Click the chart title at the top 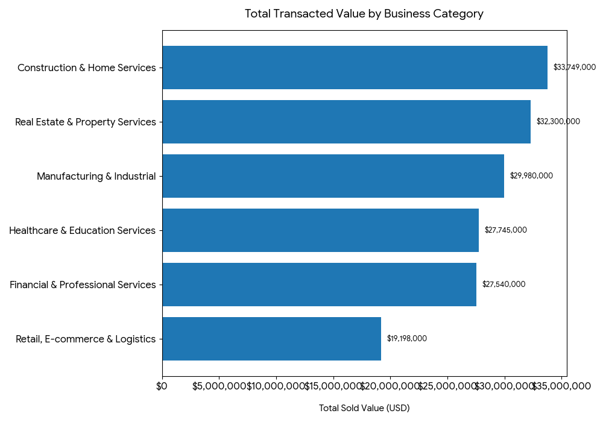pyautogui.click(x=364, y=14)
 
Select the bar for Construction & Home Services pyautogui.click(x=355, y=68)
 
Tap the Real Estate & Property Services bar pyautogui.click(x=346, y=122)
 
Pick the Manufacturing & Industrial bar pyautogui.click(x=333, y=176)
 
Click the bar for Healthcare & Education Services pyautogui.click(x=320, y=230)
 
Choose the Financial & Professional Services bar pyautogui.click(x=319, y=285)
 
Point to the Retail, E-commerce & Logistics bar pyautogui.click(x=271, y=339)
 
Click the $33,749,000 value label pyautogui.click(x=574, y=68)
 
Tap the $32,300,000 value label pyautogui.click(x=558, y=122)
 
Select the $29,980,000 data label pyautogui.click(x=531, y=176)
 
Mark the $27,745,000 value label pyautogui.click(x=505, y=230)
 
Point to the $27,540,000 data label pyautogui.click(x=504, y=285)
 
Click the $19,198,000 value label pyautogui.click(x=406, y=339)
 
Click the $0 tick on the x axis pyautogui.click(x=162, y=386)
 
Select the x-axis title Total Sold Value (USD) pyautogui.click(x=364, y=409)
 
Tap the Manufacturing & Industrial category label pyautogui.click(x=96, y=177)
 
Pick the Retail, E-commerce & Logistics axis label pyautogui.click(x=86, y=339)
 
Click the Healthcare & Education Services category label pyautogui.click(x=82, y=231)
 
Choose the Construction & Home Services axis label pyautogui.click(x=86, y=68)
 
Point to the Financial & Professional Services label pyautogui.click(x=83, y=285)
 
